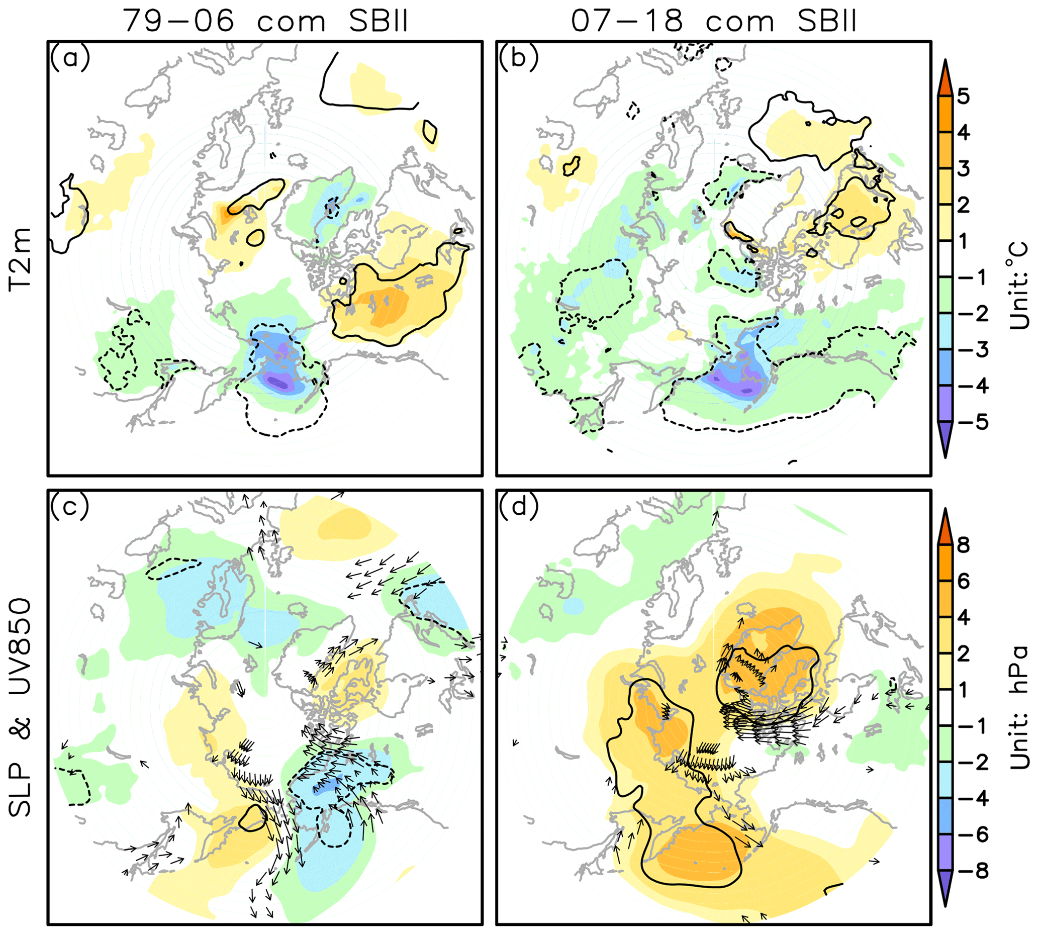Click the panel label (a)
pyautogui.click(x=69, y=57)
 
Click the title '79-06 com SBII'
pyautogui.click(x=265, y=22)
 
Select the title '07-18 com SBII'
pyautogui.click(x=714, y=22)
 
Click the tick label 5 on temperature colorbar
pyautogui.click(x=964, y=96)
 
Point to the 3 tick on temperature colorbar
pyautogui.click(x=964, y=168)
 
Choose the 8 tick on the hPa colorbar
pyautogui.click(x=964, y=545)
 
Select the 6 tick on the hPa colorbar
pyautogui.click(x=964, y=582)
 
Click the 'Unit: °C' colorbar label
pyautogui.click(x=1019, y=285)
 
